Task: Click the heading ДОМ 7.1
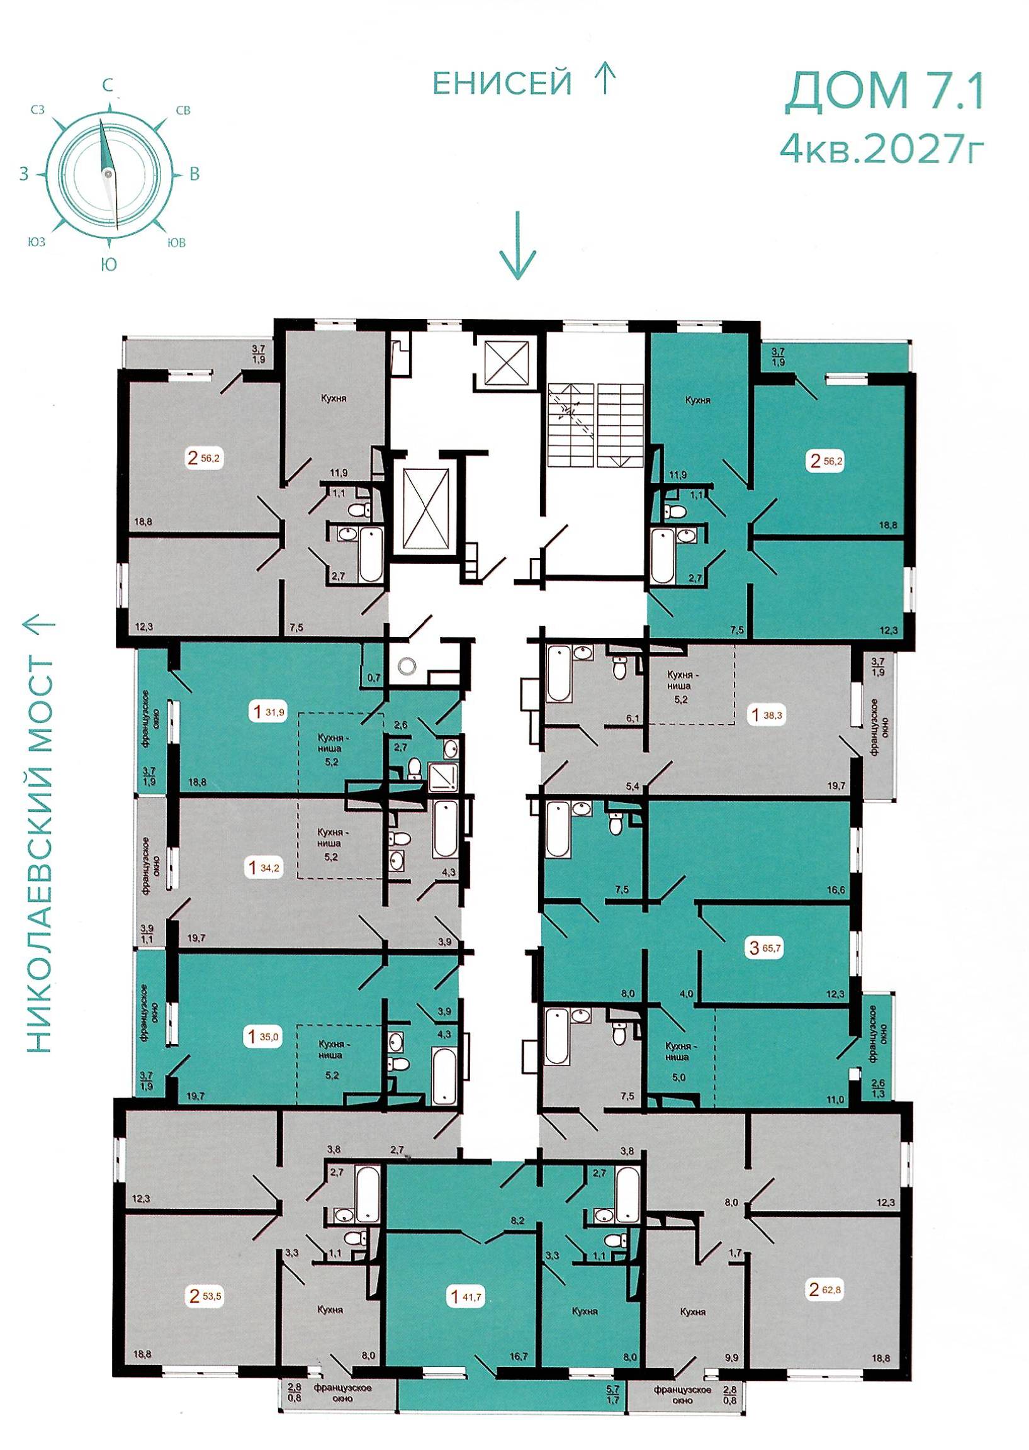tap(883, 93)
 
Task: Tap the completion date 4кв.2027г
tap(883, 149)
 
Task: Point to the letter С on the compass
tap(109, 85)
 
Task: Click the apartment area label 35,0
tap(272, 1038)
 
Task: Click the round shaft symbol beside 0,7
tap(406, 665)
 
